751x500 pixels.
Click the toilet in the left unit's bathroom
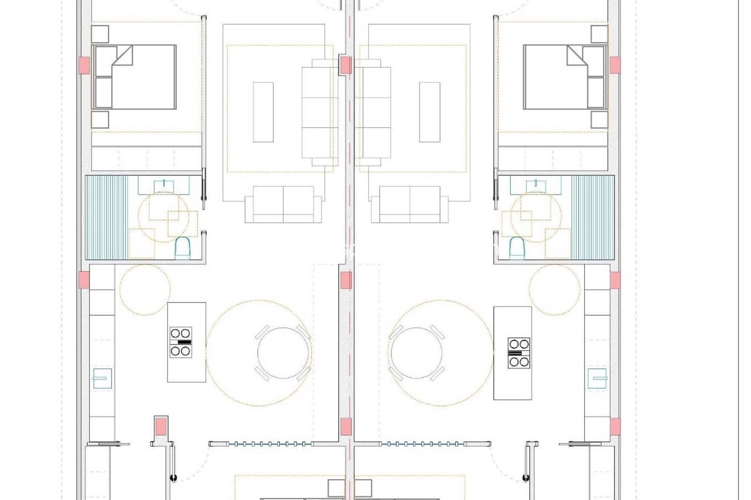point(183,248)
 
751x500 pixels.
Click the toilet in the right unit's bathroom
point(517,247)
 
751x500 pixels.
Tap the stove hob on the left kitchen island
point(181,342)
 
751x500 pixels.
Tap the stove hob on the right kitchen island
point(519,352)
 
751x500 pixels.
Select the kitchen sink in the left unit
point(102,379)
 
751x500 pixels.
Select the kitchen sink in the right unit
point(597,378)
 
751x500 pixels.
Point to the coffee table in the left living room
point(263,112)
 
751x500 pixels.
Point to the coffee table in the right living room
point(429,112)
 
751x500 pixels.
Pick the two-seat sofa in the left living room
point(283,204)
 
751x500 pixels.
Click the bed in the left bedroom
point(135,77)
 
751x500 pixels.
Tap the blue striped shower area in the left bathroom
point(106,217)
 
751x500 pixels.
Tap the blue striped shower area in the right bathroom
point(593,217)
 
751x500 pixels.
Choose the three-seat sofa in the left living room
point(320,113)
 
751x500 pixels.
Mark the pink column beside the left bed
point(84,65)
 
